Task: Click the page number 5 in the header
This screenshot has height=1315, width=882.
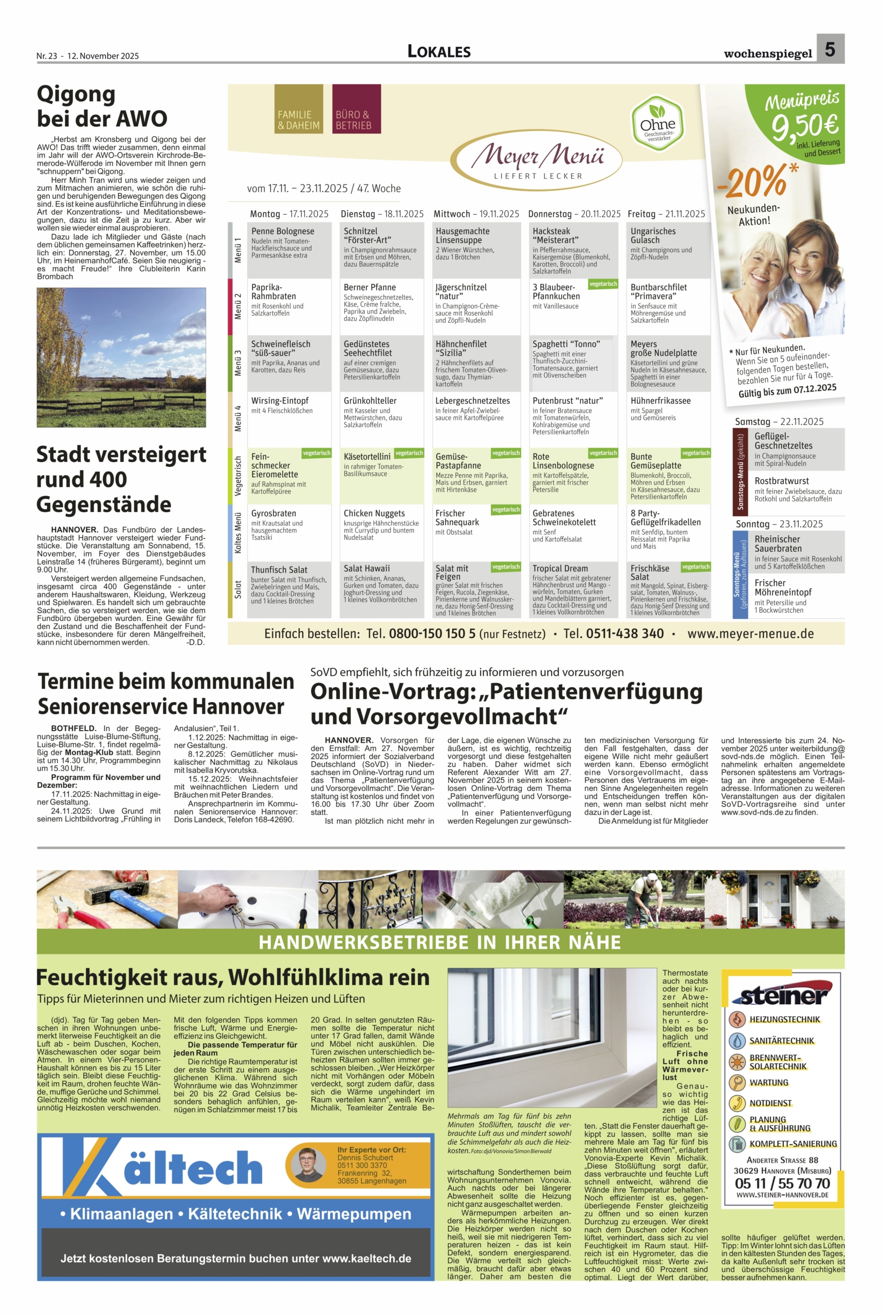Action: pyautogui.click(x=830, y=49)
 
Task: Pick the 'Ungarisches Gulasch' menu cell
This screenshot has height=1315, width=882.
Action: pyautogui.click(x=668, y=250)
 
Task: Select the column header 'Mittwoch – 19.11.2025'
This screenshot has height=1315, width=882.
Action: pyautogui.click(x=476, y=214)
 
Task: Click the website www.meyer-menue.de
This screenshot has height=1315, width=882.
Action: pyautogui.click(x=750, y=633)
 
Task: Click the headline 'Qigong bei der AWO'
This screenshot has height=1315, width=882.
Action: pyautogui.click(x=102, y=106)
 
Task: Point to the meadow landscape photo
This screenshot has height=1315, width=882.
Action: pyautogui.click(x=121, y=357)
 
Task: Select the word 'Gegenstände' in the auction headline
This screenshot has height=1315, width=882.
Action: pyautogui.click(x=103, y=504)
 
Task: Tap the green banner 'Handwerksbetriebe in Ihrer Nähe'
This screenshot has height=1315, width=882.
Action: pyautogui.click(x=440, y=942)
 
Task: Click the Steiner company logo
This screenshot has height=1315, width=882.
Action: pyautogui.click(x=782, y=995)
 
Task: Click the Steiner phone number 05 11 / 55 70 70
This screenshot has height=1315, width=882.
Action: pyautogui.click(x=782, y=1183)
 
